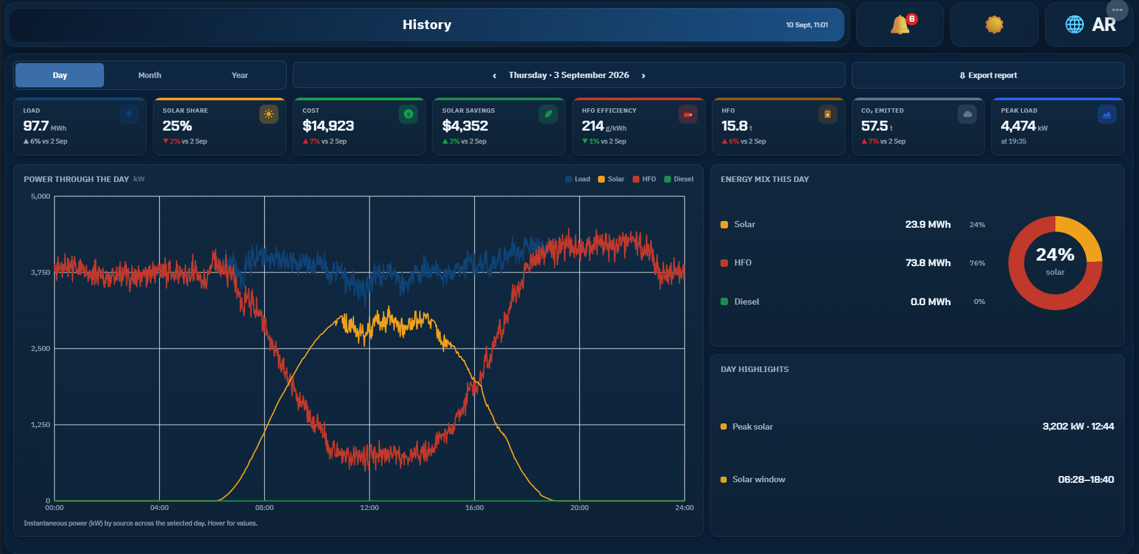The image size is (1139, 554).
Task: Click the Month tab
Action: tap(150, 75)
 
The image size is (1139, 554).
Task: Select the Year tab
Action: tap(240, 75)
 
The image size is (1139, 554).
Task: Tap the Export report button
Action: tap(988, 75)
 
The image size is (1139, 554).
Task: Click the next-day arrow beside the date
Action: tap(644, 76)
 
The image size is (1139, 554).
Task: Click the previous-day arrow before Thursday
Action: tap(494, 76)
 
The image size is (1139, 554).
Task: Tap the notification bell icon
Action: tap(900, 25)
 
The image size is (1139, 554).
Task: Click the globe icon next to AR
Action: tap(1075, 24)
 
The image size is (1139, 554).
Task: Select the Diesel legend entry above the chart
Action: tap(679, 179)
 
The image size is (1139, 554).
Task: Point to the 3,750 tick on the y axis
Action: tap(41, 272)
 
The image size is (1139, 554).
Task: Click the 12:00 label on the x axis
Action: tap(370, 508)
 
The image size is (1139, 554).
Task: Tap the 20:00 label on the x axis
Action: tap(579, 508)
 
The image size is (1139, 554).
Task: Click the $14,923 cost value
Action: tap(328, 126)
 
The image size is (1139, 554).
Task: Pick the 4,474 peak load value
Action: tap(1018, 126)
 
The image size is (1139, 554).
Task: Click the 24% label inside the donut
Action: tap(1055, 254)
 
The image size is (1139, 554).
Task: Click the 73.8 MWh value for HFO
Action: tap(928, 263)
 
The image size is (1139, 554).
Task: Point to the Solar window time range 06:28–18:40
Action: tap(1086, 479)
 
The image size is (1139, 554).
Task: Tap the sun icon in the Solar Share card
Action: tap(269, 114)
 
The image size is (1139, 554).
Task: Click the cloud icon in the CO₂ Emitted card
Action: tap(968, 114)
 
